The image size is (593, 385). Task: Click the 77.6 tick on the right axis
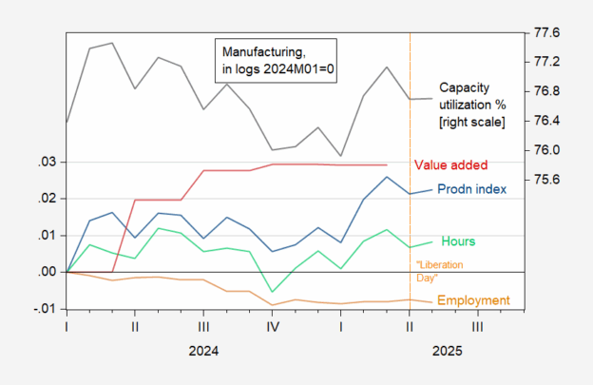[x=548, y=32]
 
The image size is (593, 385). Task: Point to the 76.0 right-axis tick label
[x=548, y=150]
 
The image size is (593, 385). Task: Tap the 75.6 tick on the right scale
[x=548, y=180]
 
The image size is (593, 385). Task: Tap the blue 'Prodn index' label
[x=471, y=188]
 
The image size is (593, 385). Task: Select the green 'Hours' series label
[x=458, y=242]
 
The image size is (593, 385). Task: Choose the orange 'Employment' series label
[x=473, y=300]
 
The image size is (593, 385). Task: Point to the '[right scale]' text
[x=470, y=123]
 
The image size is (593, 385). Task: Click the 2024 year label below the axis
[x=203, y=351]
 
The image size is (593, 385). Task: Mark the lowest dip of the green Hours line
[x=273, y=292]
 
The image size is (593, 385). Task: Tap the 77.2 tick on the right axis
[x=548, y=62]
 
